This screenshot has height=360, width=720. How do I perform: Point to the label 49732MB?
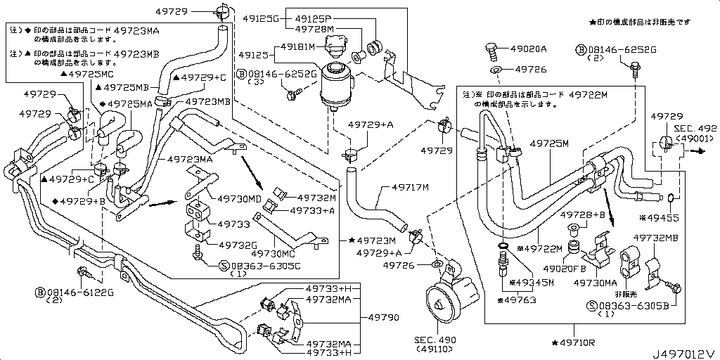[x=655, y=238]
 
